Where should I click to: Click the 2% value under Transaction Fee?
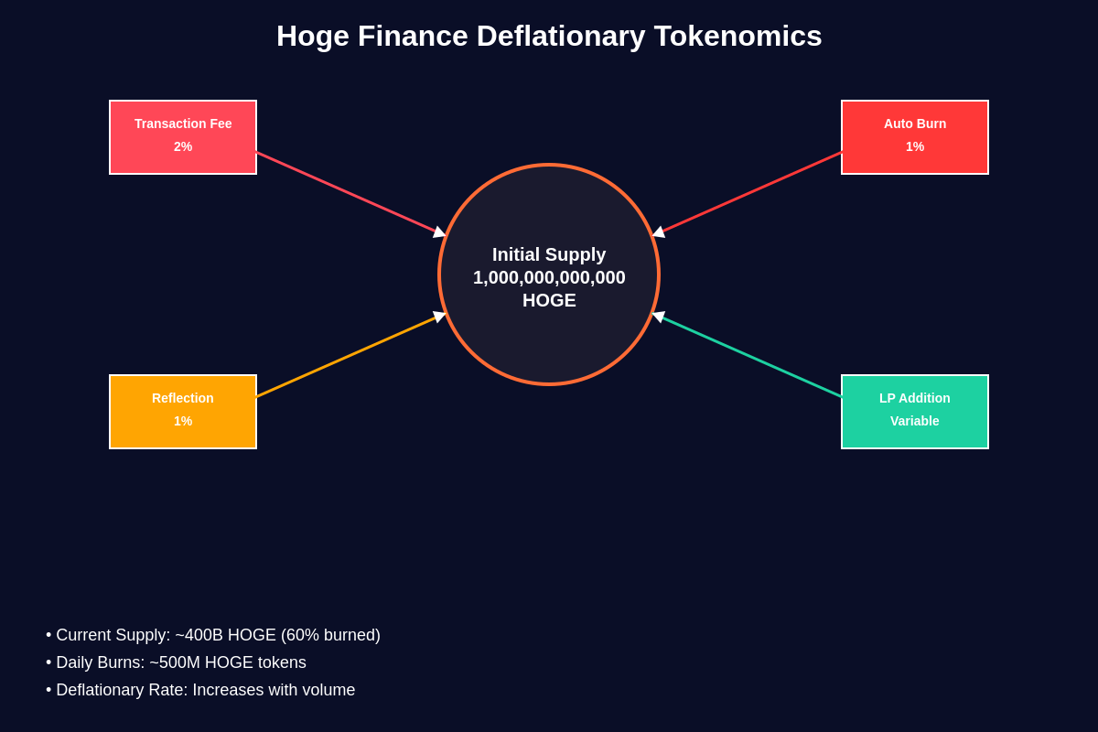point(183,146)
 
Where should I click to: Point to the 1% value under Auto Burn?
point(915,146)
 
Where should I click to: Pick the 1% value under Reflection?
point(183,421)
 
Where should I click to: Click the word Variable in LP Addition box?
point(915,421)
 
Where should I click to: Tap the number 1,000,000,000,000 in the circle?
point(549,277)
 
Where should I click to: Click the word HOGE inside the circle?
point(549,300)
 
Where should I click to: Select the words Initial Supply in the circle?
point(549,254)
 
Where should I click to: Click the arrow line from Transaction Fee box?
point(348,193)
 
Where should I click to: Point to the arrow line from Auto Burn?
point(750,193)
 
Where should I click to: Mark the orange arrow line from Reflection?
point(348,356)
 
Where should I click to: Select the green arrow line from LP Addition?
point(750,356)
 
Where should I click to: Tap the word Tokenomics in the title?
point(737,37)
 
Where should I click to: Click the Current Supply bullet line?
point(213,635)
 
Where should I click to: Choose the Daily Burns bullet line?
point(177,662)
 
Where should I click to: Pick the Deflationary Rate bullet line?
point(200,690)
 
